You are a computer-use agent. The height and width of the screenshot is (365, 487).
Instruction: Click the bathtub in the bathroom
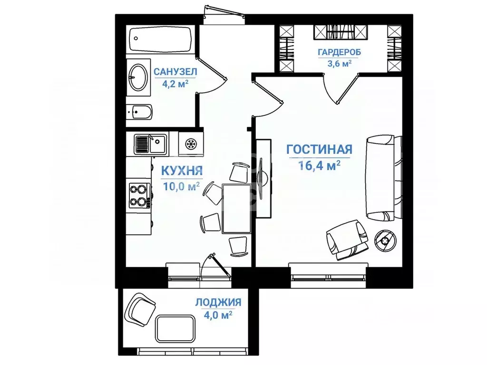[x=161, y=41]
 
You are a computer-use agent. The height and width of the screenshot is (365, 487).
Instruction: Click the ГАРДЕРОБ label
[x=340, y=52]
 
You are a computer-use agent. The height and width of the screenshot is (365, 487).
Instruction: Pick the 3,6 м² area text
[x=340, y=63]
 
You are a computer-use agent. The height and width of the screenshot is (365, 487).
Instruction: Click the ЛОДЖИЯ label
[x=218, y=302]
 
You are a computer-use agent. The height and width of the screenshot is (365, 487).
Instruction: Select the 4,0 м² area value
[x=218, y=315]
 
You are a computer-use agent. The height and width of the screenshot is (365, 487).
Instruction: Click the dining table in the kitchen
[x=236, y=208]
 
